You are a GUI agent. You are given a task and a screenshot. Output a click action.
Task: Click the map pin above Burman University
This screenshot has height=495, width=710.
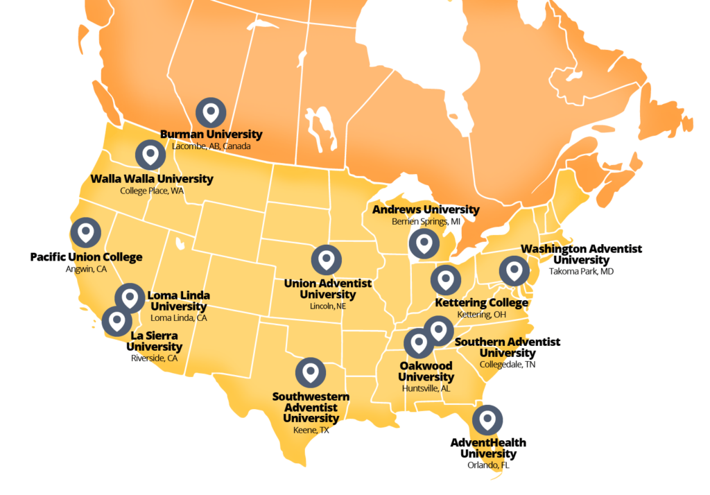click(211, 112)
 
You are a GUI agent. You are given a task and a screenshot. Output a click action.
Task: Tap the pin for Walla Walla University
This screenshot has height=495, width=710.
click(150, 155)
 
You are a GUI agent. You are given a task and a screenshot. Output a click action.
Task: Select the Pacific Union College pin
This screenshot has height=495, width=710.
click(85, 232)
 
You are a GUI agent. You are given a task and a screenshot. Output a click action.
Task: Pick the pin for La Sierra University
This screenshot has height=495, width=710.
click(116, 321)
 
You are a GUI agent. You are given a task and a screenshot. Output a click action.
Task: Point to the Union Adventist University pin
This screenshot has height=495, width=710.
click(326, 259)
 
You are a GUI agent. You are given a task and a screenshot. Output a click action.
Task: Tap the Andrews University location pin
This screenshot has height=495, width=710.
click(424, 244)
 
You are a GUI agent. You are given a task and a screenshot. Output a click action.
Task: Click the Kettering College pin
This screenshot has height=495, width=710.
click(445, 280)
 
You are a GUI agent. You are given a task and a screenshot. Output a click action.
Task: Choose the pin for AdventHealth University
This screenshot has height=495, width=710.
click(487, 420)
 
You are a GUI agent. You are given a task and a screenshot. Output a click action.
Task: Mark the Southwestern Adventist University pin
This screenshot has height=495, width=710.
click(311, 373)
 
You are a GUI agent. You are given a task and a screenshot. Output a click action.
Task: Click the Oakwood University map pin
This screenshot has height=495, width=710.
click(418, 343)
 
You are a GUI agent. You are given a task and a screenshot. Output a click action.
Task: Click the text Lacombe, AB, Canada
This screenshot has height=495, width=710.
click(211, 147)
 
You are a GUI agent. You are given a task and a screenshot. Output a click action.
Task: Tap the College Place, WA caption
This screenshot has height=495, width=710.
click(152, 191)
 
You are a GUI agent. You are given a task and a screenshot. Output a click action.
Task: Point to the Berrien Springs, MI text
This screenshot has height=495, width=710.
click(426, 222)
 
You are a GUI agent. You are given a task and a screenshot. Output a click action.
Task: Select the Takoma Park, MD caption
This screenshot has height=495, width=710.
click(581, 272)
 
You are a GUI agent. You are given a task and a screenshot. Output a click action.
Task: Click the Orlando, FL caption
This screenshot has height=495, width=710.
click(488, 465)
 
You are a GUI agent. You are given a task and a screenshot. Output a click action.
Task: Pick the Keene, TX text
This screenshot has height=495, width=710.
click(311, 431)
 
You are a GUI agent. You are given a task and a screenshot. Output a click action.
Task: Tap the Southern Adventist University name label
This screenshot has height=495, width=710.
click(508, 347)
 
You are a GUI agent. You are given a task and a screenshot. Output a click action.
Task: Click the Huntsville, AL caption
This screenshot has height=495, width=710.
click(426, 389)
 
